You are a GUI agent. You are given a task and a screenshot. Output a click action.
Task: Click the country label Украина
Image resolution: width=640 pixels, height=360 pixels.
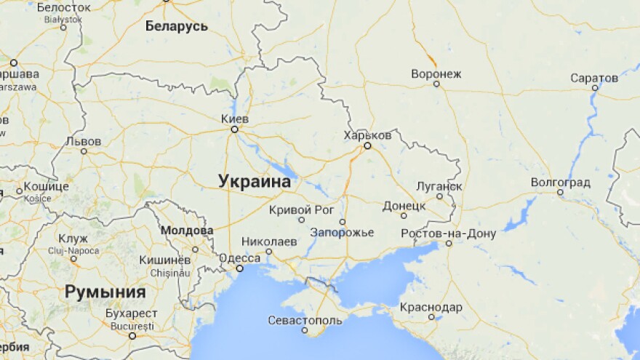click(x=254, y=182)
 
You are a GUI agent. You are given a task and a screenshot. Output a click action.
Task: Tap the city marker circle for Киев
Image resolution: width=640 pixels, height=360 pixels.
click(x=234, y=129)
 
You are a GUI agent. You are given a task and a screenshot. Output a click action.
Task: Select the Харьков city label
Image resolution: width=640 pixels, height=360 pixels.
click(x=367, y=135)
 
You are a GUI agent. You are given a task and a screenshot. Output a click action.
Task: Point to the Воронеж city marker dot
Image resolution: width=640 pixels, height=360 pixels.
click(x=436, y=84)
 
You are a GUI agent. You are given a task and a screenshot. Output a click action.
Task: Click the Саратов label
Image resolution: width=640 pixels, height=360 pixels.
click(x=594, y=77)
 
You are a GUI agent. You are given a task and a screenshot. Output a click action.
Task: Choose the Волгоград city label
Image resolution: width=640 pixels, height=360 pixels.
click(x=560, y=182)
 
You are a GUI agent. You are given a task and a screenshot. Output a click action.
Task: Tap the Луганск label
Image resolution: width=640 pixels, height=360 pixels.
click(x=439, y=186)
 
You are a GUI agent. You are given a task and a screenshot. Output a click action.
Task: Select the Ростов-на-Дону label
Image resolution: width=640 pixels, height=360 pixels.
click(x=448, y=233)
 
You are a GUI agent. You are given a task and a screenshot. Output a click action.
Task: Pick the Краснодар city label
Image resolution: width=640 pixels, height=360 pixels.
click(x=431, y=307)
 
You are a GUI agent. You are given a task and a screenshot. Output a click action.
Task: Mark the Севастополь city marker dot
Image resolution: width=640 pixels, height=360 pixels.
click(x=305, y=331)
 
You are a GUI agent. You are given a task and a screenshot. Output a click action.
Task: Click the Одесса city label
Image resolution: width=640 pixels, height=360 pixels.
click(x=239, y=258)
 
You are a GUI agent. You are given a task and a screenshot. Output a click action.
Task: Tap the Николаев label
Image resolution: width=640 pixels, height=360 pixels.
click(x=268, y=241)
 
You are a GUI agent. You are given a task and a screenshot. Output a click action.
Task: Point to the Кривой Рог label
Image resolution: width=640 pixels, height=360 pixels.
click(x=301, y=209)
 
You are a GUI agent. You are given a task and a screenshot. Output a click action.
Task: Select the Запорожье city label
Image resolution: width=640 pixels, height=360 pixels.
click(x=342, y=233)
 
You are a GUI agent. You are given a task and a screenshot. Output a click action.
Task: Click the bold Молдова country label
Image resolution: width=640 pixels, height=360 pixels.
click(x=187, y=231)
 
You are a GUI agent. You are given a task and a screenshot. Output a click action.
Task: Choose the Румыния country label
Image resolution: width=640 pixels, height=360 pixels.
click(x=105, y=292)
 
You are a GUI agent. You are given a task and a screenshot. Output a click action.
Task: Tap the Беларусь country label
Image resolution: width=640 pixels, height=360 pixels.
click(x=177, y=26)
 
